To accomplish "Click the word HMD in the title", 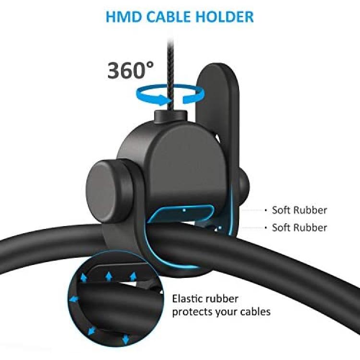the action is (124, 17).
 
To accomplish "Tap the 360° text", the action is (131, 70).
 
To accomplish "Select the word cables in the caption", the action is (255, 312).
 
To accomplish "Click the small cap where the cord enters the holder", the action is (170, 118).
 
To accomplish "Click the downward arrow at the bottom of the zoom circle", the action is (125, 339).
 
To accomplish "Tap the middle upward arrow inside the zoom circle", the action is (108, 276).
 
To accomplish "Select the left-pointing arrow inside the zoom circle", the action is (74, 300).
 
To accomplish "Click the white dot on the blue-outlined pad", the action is (184, 210).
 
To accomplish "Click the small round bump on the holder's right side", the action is (243, 186).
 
